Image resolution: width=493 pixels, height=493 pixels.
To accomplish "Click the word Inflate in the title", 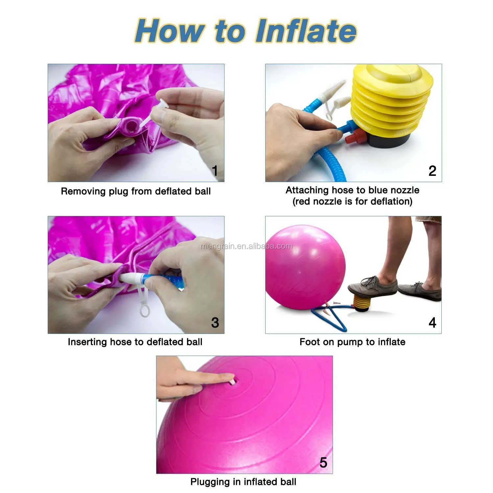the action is (x=306, y=31).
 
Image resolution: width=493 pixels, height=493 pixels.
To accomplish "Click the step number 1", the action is (x=215, y=171).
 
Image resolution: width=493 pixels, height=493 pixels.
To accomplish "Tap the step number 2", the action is (x=432, y=171).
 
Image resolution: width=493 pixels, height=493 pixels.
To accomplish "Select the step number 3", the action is (x=215, y=323).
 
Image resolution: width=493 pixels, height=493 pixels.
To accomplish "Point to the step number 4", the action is (x=433, y=323).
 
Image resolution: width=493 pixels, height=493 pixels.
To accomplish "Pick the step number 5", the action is (x=323, y=463).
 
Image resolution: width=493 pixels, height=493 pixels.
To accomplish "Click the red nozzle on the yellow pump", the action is (x=355, y=137).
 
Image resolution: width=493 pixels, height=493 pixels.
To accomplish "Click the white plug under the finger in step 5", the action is (x=232, y=382).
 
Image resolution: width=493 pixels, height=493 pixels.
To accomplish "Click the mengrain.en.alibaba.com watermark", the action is (x=246, y=246).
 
